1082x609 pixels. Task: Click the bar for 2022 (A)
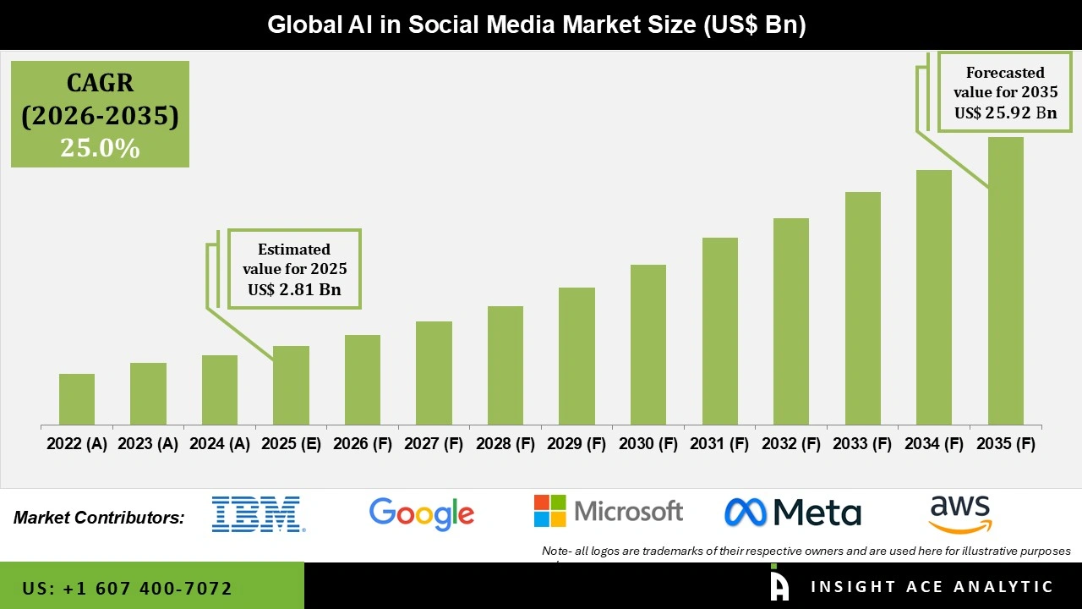77,399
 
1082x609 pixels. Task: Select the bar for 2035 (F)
1005,281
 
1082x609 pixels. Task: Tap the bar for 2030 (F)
648,344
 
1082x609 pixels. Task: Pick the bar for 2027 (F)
434,373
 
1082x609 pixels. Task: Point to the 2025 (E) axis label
291,444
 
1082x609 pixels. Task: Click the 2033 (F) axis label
862,444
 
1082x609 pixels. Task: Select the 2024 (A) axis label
220,444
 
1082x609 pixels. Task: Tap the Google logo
422,513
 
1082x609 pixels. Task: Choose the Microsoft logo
608,511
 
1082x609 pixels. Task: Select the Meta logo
793,512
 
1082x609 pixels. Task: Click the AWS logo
960,514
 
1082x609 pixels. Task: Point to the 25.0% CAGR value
100,148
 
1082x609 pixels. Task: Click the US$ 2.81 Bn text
294,290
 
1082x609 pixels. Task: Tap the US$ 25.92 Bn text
1005,112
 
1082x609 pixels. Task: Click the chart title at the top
537,25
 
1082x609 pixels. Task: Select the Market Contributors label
99,518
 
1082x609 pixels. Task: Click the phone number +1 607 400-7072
127,588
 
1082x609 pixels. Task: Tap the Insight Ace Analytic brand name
932,587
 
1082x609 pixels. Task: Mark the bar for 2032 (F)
791,321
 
